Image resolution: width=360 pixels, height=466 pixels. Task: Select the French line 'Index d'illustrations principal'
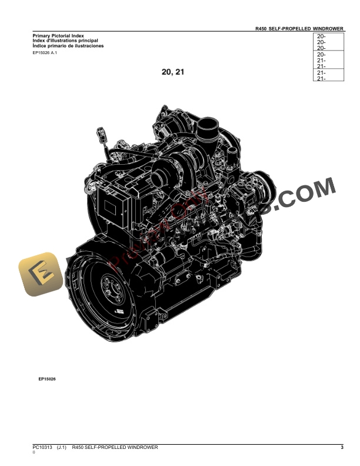click(65, 41)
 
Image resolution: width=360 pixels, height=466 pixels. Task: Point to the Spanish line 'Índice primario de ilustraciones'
click(68, 45)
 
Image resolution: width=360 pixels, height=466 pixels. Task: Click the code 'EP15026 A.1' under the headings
click(45, 53)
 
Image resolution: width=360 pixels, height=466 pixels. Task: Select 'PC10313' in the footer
click(42, 448)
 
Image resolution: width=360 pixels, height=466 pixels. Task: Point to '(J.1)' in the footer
click(61, 448)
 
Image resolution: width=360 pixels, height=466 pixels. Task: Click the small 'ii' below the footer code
click(34, 453)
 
